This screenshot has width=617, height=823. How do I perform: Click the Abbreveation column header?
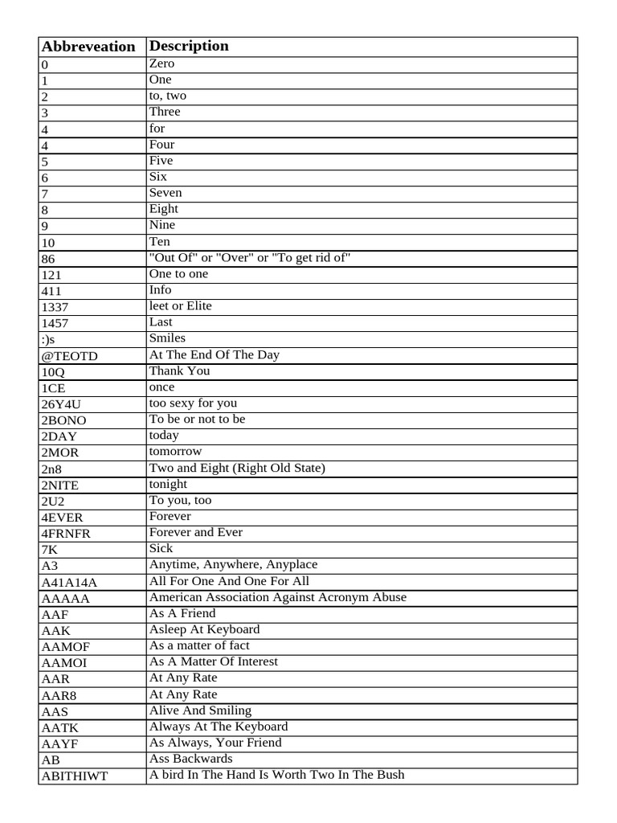88,47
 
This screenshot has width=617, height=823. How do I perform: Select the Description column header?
189,46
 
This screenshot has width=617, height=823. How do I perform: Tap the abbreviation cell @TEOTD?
68,356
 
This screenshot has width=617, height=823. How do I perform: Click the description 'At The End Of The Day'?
215,354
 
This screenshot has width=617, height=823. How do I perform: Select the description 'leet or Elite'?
181,306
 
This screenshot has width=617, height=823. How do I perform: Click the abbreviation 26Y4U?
61,404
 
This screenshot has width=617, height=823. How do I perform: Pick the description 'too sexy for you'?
193,403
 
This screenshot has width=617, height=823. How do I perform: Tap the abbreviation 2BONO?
63,420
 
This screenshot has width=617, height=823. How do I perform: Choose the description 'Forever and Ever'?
196,532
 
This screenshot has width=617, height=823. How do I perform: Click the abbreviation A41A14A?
68,582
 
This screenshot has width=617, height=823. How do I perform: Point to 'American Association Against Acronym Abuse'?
278,597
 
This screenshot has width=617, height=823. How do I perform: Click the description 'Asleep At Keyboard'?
205,629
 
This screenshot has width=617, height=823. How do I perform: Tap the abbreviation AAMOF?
64,646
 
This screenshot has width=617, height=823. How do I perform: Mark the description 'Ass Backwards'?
191,759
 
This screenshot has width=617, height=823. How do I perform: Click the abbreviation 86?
47,259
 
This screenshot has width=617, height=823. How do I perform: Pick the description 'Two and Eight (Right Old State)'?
237,468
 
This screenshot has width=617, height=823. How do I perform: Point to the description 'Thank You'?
179,371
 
